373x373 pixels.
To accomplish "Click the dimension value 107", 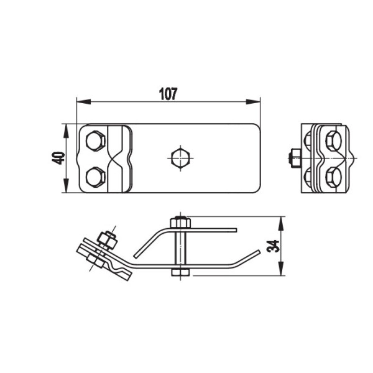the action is (168, 94).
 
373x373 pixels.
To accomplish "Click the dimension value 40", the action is (58, 158).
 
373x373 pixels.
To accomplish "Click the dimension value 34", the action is (273, 246).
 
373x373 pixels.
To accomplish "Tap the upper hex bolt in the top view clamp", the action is (95, 141).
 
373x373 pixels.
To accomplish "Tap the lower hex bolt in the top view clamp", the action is (95, 177).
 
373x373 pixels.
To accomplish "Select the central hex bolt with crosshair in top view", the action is (180, 158).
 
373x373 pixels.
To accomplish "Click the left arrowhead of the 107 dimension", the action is (84, 101).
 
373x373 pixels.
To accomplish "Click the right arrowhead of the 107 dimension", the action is (253, 101).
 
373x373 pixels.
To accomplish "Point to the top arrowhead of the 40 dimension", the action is (66, 131).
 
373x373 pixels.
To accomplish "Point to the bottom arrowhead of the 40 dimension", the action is (66, 185).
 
